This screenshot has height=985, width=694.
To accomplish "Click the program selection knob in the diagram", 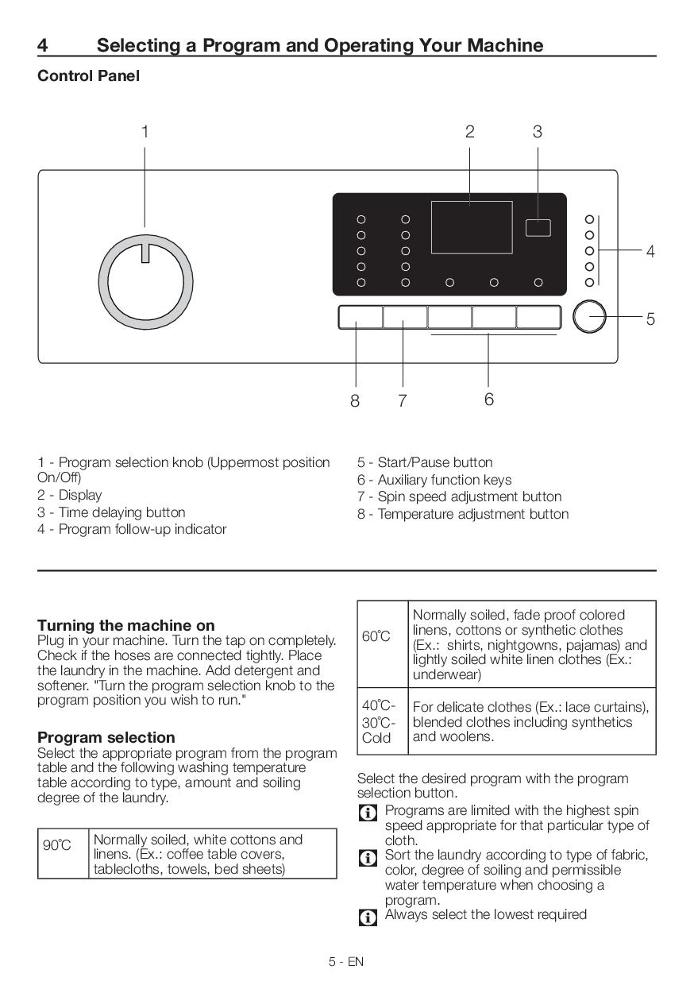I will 145,282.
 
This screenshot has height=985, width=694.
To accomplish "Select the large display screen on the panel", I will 471,227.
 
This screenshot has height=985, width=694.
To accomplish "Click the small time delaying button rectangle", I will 538,227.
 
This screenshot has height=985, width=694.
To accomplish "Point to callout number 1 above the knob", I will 145,132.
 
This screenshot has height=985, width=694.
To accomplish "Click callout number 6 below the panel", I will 488,399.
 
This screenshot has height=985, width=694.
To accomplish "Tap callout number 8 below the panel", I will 355,401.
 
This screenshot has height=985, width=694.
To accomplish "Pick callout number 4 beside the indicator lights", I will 650,252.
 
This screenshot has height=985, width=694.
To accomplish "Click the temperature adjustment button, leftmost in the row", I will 360,317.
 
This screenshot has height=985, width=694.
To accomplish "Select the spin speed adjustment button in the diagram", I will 404,317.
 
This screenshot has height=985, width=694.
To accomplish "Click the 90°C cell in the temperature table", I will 57,846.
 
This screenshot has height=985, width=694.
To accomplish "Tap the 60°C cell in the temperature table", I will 377,636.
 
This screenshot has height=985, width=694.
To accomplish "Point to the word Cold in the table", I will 376,738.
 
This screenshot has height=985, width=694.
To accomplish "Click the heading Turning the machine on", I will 125,625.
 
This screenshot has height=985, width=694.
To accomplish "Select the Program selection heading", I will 106,737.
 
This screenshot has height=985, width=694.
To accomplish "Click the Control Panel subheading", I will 88,76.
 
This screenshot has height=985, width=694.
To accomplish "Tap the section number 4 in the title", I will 42,45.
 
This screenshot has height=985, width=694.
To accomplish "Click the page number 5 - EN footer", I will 346,962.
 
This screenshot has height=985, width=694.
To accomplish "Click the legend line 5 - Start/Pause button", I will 424,462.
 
